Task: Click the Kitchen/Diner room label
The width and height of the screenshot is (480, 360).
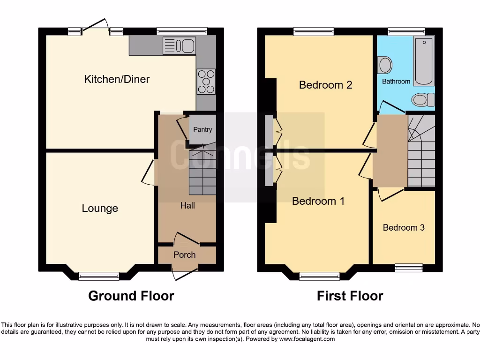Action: click(117, 79)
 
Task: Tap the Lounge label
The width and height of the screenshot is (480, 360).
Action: click(100, 208)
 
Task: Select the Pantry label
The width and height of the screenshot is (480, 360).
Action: click(202, 129)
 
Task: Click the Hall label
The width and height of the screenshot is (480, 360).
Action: click(187, 205)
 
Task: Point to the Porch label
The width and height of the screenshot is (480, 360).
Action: click(184, 255)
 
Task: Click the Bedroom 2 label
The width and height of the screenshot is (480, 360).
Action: click(325, 85)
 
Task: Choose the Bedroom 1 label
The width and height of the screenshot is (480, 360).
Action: click(318, 201)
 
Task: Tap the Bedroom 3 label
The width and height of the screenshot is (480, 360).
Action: click(404, 227)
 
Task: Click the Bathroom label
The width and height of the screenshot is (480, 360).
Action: click(396, 81)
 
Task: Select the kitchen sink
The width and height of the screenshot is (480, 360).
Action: click(179, 46)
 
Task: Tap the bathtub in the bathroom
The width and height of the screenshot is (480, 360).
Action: click(424, 61)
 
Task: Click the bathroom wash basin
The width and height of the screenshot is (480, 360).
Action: click(385, 65)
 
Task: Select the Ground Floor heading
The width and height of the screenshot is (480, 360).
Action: click(131, 296)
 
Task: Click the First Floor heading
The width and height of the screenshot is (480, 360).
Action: click(350, 296)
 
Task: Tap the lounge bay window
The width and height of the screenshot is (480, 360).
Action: click(99, 276)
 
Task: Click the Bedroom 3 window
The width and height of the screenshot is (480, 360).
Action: click(408, 268)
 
